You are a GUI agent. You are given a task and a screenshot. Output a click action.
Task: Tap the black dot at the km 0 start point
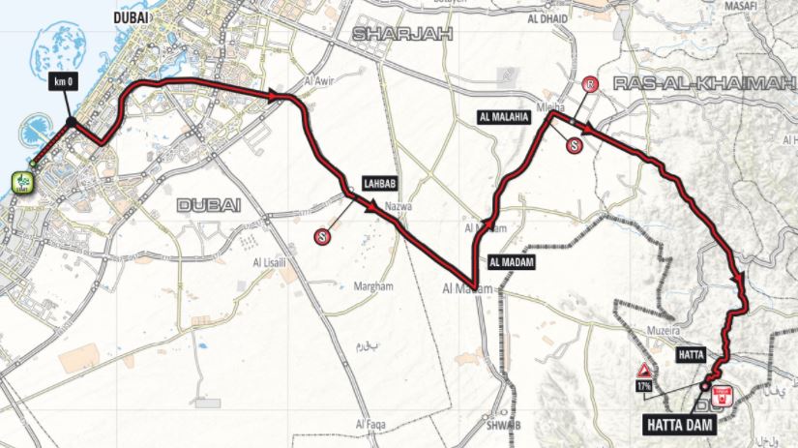(72, 121)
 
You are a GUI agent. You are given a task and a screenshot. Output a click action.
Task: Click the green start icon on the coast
(19, 180)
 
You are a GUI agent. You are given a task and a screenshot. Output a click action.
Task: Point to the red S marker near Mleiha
(576, 146)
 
